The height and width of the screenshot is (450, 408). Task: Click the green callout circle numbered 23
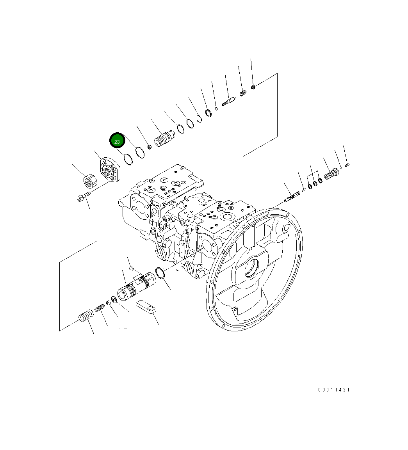pos(117,141)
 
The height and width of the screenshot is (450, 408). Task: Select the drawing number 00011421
pos(334,390)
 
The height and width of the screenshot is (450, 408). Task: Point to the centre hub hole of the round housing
pos(251,269)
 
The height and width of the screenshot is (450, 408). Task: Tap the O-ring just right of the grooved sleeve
pos(160,274)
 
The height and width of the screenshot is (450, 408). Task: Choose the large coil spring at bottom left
pos(86,315)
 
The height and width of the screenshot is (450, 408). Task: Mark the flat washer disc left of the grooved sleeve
pos(114,300)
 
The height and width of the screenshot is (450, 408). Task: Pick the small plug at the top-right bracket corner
pos(253,87)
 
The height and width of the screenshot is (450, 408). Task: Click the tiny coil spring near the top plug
pos(243,94)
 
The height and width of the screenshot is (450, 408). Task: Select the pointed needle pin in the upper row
pos(228,101)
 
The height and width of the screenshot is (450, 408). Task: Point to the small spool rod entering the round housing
pos(292,197)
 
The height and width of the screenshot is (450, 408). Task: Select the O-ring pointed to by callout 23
pos(128,159)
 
